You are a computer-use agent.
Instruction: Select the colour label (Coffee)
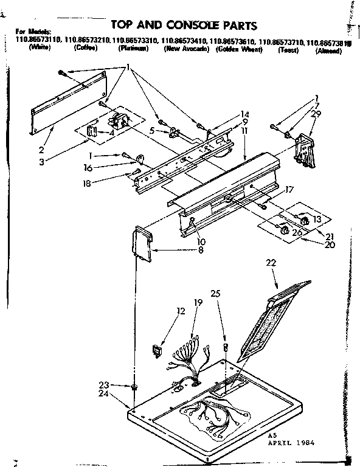click(x=86, y=48)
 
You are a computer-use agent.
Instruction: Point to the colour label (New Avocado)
click(x=187, y=49)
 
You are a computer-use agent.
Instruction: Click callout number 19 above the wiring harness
click(x=198, y=302)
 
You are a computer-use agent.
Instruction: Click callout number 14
click(x=227, y=114)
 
